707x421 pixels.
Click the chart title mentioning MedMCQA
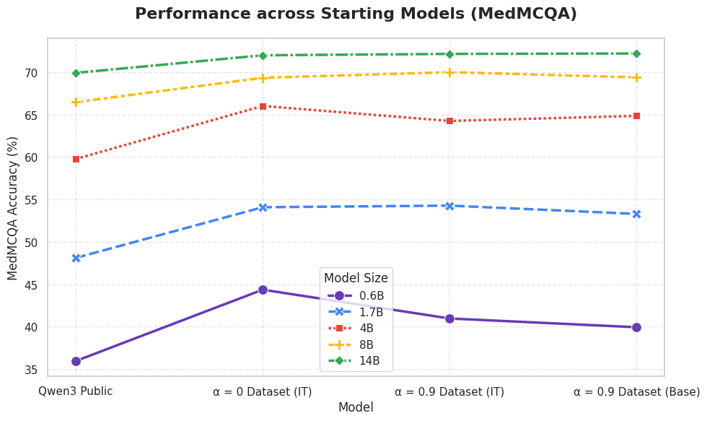[x=356, y=14]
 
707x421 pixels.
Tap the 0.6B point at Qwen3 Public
[x=76, y=362]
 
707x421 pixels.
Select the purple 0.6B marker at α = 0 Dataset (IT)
[x=263, y=290]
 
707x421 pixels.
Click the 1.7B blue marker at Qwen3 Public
[x=76, y=258]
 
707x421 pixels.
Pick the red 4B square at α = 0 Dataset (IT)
[x=263, y=106]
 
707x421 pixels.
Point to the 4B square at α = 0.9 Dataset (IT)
[x=449, y=121]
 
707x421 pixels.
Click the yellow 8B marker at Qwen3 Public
[x=76, y=103]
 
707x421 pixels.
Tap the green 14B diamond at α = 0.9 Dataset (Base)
[x=636, y=53]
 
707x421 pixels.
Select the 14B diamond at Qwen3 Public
[x=76, y=73]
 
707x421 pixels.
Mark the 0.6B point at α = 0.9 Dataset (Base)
[x=636, y=327]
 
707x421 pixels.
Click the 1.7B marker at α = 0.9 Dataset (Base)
[x=636, y=214]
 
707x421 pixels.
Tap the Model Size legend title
[x=356, y=277]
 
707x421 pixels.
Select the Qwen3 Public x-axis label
[x=76, y=391]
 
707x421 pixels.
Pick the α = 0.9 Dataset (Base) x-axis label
[x=636, y=391]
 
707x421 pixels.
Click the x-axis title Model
[x=356, y=407]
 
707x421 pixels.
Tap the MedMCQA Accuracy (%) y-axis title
[x=13, y=208]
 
